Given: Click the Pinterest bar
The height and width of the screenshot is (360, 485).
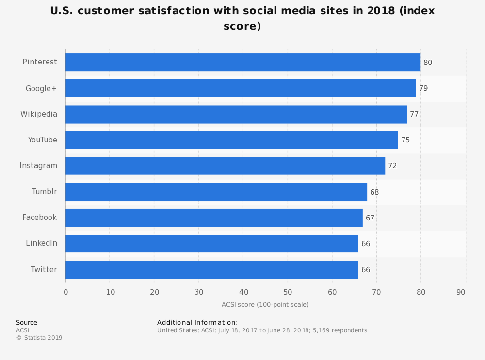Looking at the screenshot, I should click(x=242, y=62).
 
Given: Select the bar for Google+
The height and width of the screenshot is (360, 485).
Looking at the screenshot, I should click(x=241, y=88).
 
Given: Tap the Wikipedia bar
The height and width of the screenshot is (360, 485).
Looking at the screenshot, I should click(x=236, y=114).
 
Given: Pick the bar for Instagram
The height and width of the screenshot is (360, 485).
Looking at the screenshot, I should click(x=225, y=166).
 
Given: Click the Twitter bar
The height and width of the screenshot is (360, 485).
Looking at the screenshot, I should click(x=211, y=270).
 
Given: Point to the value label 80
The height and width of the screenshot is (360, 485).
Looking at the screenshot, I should click(x=428, y=63).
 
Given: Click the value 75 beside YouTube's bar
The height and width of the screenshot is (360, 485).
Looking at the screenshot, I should click(x=405, y=140).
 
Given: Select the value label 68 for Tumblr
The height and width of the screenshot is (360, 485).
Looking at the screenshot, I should click(x=374, y=192).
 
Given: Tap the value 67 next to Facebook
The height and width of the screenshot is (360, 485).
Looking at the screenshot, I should click(x=370, y=218).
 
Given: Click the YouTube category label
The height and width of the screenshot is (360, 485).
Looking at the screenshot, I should click(x=43, y=140).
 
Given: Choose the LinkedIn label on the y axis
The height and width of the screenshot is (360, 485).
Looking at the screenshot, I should click(x=42, y=243).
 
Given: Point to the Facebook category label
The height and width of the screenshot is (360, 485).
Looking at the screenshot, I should click(x=40, y=218).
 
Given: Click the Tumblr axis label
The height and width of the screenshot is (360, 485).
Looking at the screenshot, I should click(x=45, y=191).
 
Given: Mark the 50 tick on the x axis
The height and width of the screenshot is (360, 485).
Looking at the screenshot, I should click(x=288, y=292).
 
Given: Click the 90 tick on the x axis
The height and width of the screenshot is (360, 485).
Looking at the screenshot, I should click(x=461, y=292).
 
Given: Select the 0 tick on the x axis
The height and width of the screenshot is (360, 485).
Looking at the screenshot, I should click(x=66, y=292).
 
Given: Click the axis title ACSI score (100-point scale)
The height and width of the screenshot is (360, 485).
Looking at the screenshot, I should click(x=265, y=305).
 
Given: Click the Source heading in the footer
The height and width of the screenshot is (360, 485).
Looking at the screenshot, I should click(x=27, y=323).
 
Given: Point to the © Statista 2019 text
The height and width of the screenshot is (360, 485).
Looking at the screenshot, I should click(x=39, y=338).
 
